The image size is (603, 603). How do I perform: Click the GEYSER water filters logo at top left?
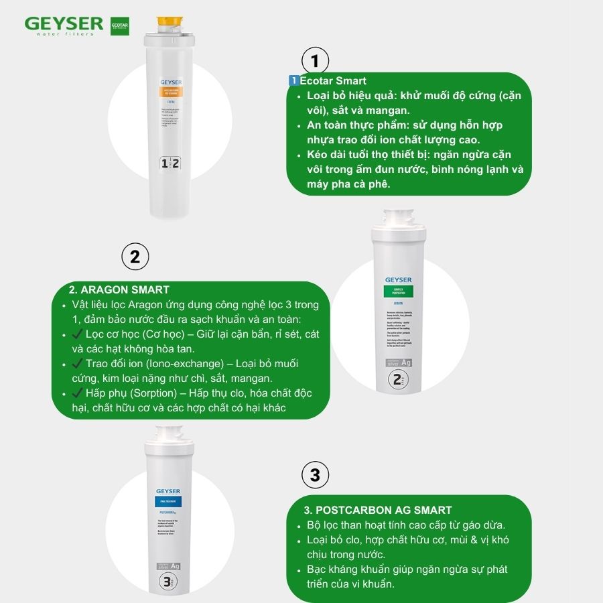click(64, 26)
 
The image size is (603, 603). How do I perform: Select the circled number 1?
click(315, 62)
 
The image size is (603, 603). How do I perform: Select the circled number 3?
click(315, 476)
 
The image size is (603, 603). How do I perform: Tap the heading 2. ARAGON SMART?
click(119, 289)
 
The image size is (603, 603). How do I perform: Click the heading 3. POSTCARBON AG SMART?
click(378, 510)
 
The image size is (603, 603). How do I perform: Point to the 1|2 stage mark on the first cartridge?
click(170, 163)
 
